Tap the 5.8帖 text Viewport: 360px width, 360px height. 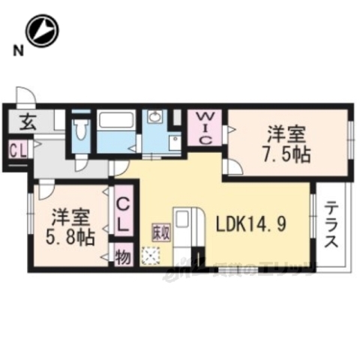tap(73, 239)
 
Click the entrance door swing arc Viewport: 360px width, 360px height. tap(25, 97)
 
